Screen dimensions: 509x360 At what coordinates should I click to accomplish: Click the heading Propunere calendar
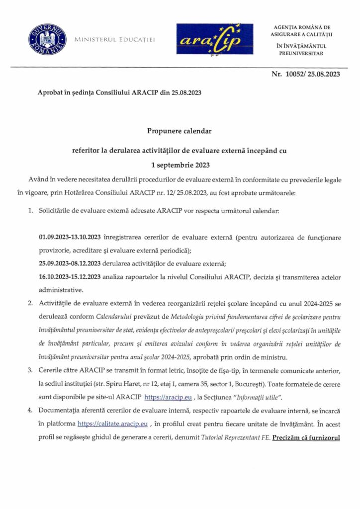(x=180, y=131)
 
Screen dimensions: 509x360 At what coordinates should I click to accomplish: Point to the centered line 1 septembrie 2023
(x=180, y=165)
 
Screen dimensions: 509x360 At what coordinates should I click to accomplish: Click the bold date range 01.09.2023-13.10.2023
(x=70, y=238)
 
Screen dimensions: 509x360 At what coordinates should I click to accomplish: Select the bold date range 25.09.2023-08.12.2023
(x=70, y=264)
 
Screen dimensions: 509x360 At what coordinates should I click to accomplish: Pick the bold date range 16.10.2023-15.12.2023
(x=70, y=277)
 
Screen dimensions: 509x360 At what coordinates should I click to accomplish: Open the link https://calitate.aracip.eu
(x=113, y=424)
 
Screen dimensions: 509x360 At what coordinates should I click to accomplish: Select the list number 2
(x=30, y=303)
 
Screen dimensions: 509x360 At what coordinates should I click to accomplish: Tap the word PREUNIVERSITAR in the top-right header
(x=300, y=53)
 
